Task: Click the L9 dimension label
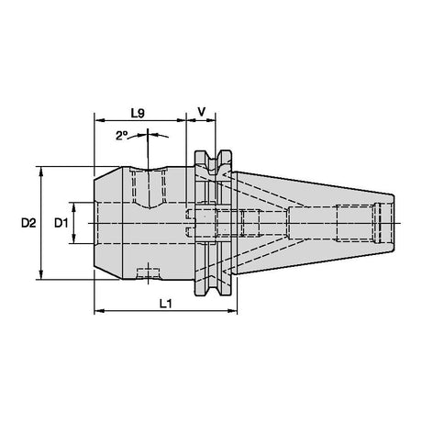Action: [138, 114]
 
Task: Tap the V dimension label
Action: [202, 112]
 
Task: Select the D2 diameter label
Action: [28, 223]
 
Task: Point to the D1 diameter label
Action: [61, 223]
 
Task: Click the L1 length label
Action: [166, 304]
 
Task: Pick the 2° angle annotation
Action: [121, 136]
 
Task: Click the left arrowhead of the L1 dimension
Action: [98, 311]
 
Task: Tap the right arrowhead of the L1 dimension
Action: [232, 311]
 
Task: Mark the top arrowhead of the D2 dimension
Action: [41, 172]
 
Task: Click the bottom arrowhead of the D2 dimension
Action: [41, 275]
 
